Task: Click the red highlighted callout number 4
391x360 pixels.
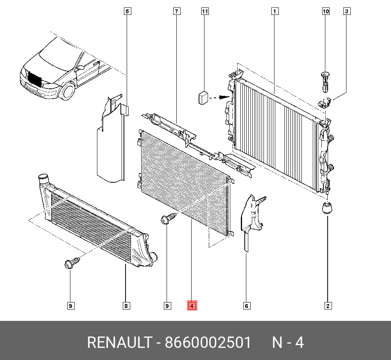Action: pyautogui.click(x=192, y=306)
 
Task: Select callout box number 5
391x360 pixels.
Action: pyautogui.click(x=127, y=11)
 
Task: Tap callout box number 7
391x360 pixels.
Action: pyautogui.click(x=177, y=11)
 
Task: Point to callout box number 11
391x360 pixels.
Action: pyautogui.click(x=205, y=11)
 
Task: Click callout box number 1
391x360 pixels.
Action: pyautogui.click(x=275, y=11)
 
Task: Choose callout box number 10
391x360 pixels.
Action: pyautogui.click(x=326, y=11)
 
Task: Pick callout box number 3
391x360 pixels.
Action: pyautogui.click(x=346, y=11)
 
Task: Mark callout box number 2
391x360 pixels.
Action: pyautogui.click(x=328, y=306)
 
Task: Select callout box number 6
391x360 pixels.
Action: pyautogui.click(x=247, y=306)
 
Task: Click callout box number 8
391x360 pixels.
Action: pyautogui.click(x=126, y=306)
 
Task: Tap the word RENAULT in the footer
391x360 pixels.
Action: pyautogui.click(x=119, y=343)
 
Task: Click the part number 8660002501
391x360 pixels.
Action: pyautogui.click(x=208, y=343)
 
